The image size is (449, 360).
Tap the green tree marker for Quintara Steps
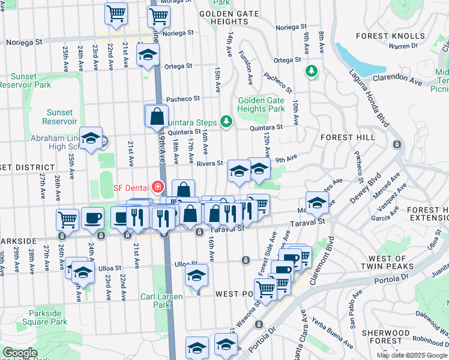coord(226,122)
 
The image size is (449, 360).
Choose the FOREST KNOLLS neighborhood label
coord(381,36)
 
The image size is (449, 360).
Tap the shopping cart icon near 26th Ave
coord(67,219)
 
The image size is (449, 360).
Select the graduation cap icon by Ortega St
coord(146,56)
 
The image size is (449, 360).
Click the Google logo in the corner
coord(20,353)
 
